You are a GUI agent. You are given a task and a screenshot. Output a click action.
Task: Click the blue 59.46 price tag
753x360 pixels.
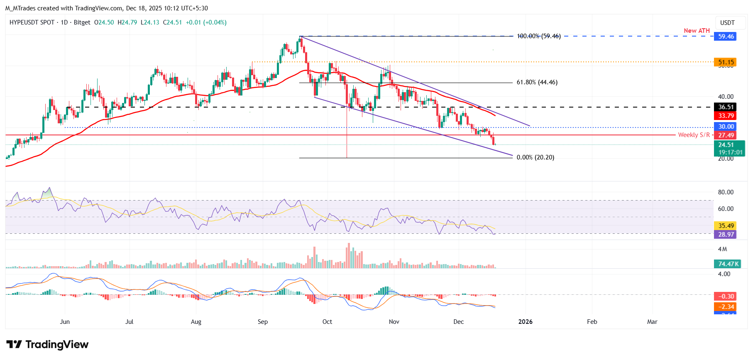[726, 37]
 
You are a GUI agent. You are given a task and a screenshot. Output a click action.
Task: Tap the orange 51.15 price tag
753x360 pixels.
[726, 62]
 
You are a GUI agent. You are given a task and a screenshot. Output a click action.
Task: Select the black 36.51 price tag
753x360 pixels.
[726, 107]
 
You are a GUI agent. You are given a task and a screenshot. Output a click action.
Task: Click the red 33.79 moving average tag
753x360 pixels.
[726, 116]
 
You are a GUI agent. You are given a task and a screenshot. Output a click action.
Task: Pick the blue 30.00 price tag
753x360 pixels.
[726, 127]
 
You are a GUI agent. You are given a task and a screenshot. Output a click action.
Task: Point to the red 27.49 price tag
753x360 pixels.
[726, 135]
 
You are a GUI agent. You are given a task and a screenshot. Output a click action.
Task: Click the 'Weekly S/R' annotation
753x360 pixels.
[694, 135]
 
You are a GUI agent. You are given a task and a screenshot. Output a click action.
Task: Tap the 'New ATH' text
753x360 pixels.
[697, 31]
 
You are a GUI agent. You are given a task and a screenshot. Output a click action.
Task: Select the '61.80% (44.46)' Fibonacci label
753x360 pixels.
[537, 83]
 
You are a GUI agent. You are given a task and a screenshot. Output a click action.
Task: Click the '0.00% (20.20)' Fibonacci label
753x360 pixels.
[535, 157]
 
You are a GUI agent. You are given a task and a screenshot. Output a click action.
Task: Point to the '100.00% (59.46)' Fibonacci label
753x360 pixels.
[538, 37]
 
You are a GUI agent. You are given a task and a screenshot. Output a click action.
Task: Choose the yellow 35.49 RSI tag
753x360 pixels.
[726, 226]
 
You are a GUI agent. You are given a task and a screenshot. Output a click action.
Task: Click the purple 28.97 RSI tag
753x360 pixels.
[726, 235]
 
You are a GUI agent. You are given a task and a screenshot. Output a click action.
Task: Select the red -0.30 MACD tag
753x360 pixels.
[726, 296]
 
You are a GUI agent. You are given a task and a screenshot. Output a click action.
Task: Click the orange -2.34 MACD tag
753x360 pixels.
[726, 307]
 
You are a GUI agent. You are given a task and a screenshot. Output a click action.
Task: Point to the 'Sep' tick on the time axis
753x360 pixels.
[263, 322]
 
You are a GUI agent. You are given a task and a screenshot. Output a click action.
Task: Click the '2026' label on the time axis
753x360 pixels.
[526, 322]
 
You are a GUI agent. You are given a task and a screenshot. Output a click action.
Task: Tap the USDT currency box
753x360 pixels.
[727, 23]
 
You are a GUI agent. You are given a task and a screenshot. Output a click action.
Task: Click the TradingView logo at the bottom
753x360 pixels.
[47, 345]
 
